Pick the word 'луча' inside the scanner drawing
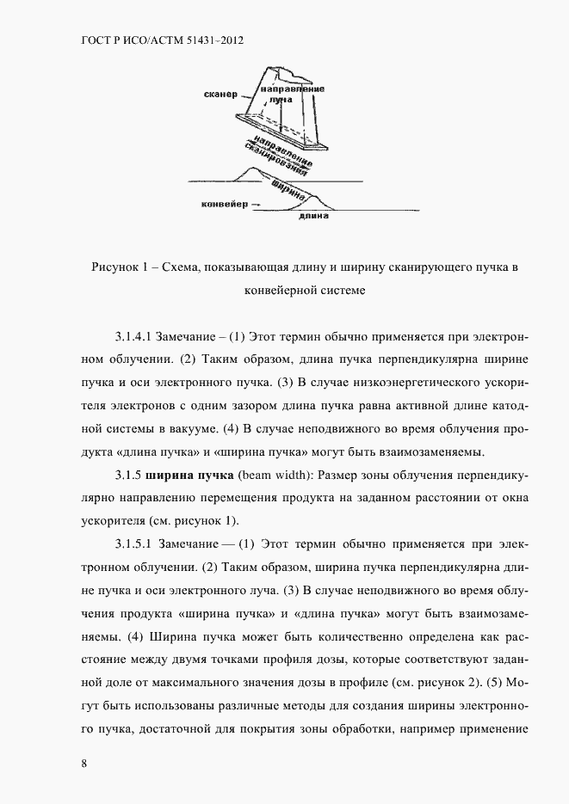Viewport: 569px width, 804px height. coord(281,101)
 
